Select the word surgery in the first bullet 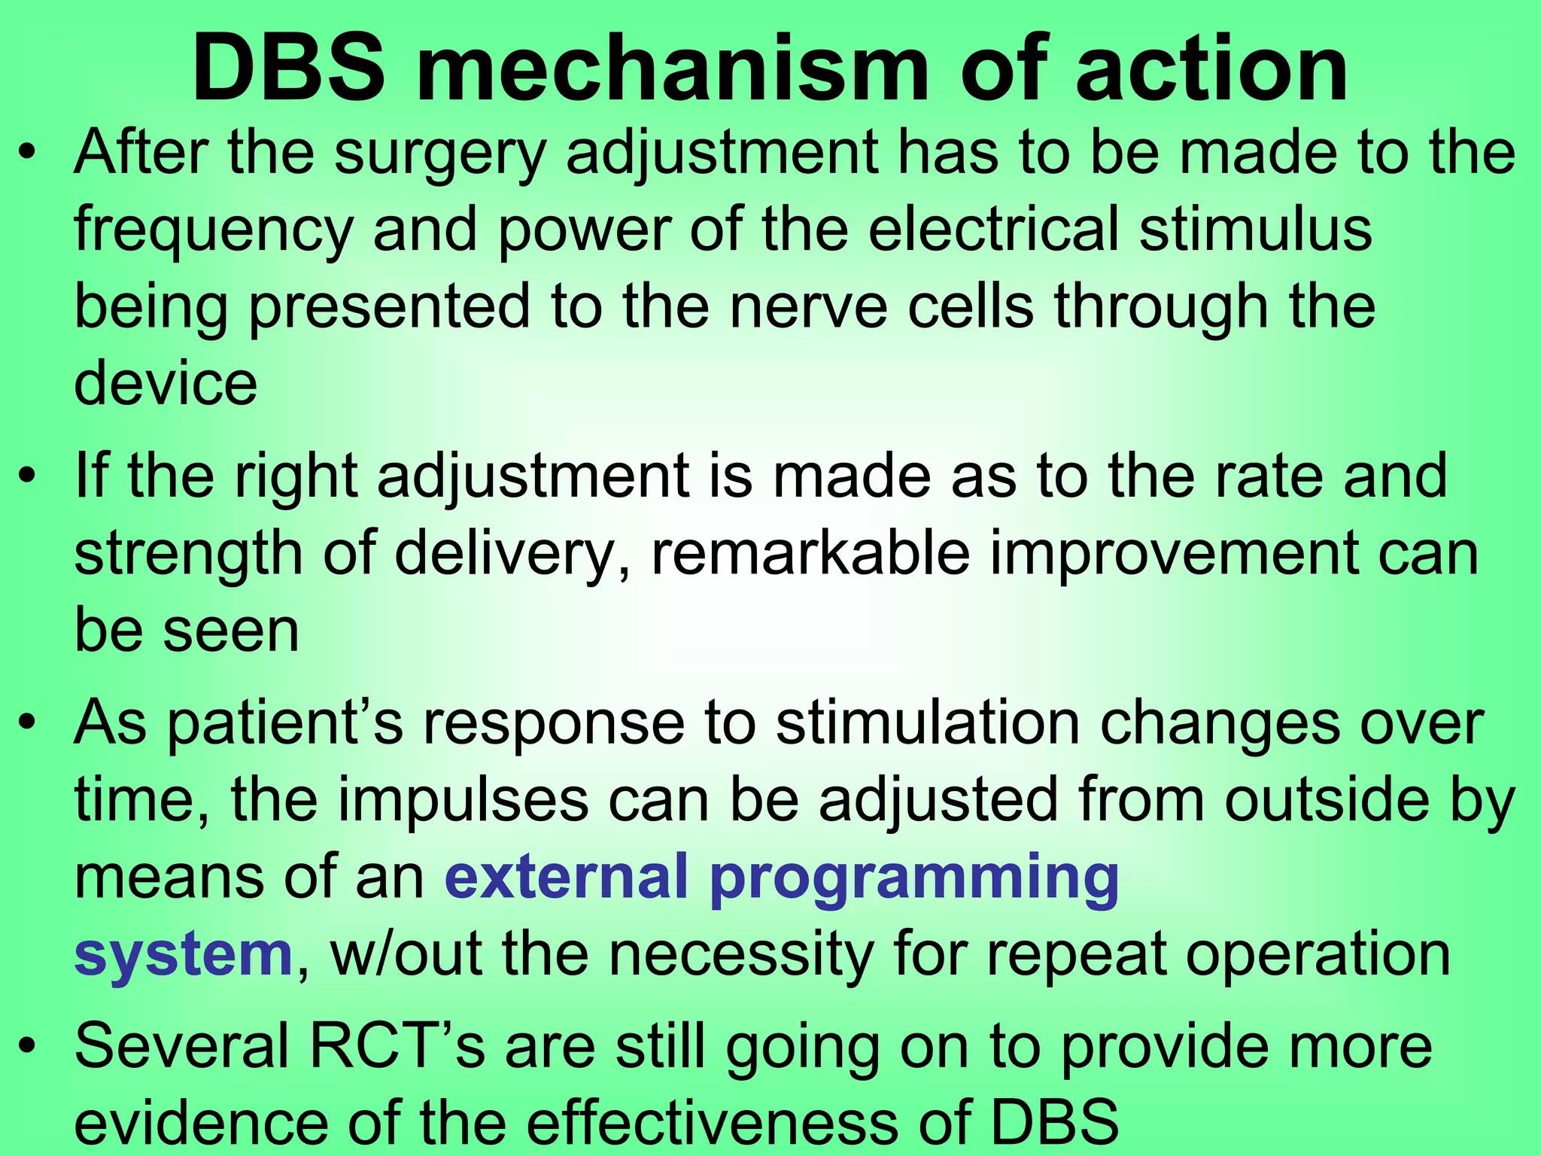point(439,155)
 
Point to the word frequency point(213,232)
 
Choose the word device point(166,383)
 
